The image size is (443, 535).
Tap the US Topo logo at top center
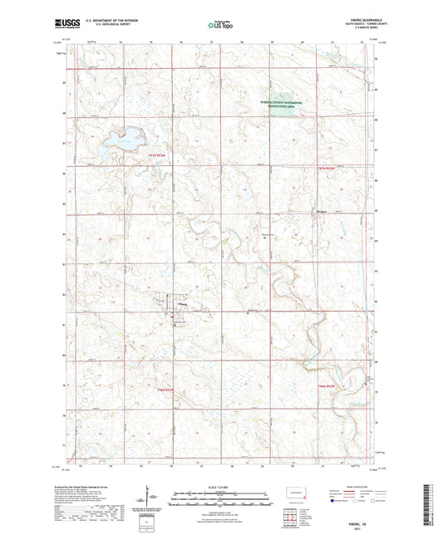coord(221,26)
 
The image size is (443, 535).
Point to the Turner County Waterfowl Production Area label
coord(278,103)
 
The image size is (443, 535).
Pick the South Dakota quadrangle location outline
coord(293,492)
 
